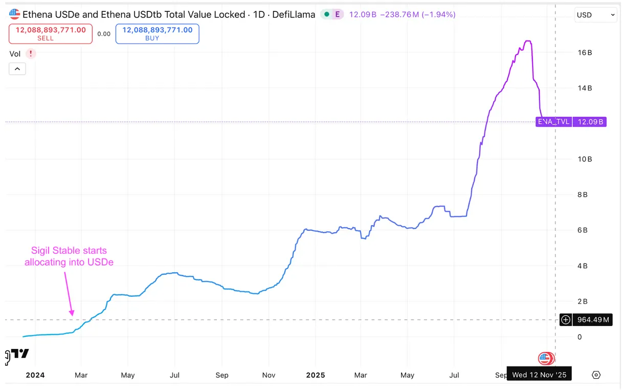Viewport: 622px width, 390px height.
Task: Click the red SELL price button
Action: point(51,34)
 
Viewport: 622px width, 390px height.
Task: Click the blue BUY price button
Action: point(157,34)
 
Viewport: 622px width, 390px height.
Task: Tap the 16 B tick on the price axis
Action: point(585,53)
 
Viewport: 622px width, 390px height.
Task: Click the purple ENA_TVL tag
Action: point(553,122)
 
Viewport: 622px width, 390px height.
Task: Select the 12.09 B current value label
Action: point(590,122)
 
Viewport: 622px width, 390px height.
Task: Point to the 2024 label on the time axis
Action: point(35,375)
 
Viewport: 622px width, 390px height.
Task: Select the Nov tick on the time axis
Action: point(269,375)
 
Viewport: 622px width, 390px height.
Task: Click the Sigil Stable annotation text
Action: point(69,256)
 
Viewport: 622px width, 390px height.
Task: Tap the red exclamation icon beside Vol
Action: point(31,53)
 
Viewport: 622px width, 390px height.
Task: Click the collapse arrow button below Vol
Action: point(17,69)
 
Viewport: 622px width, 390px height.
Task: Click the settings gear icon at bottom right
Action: point(596,375)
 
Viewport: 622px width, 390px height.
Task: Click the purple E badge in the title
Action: point(337,14)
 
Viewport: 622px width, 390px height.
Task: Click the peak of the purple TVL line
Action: point(528,41)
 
